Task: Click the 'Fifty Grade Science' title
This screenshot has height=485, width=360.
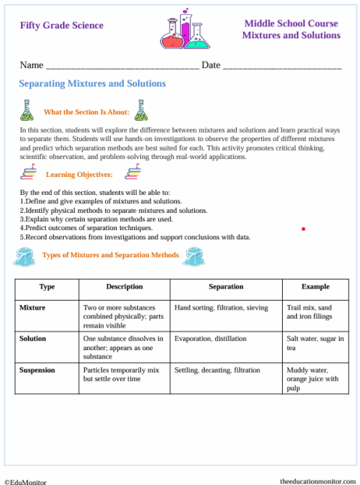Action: click(x=61, y=25)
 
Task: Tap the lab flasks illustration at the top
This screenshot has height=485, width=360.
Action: click(x=183, y=31)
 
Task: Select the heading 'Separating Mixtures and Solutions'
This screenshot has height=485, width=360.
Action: click(x=91, y=84)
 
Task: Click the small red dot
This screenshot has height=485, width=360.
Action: click(x=303, y=229)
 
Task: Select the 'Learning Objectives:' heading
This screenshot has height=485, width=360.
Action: click(x=79, y=175)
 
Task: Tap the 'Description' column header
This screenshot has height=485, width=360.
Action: click(x=124, y=287)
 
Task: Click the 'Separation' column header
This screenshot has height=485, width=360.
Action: click(x=226, y=287)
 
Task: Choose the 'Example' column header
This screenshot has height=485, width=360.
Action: click(x=315, y=287)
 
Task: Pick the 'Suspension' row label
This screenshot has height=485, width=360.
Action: click(x=37, y=370)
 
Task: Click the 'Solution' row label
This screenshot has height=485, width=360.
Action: click(x=32, y=339)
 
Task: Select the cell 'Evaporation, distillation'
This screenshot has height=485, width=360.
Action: click(x=210, y=339)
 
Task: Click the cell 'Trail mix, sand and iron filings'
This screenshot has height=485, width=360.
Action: click(x=309, y=313)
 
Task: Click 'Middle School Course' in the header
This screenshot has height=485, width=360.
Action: click(x=291, y=24)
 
